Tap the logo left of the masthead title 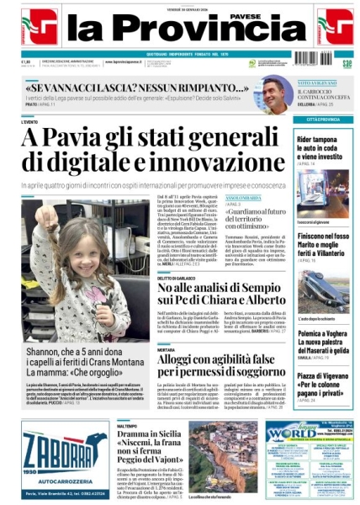(39, 27)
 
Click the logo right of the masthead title (335, 27)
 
